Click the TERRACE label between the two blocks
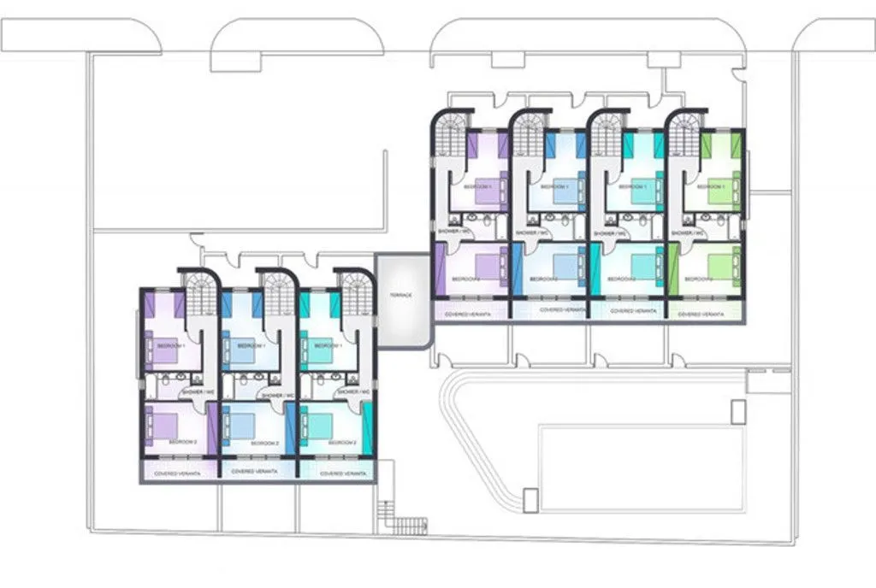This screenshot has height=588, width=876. click(x=401, y=295)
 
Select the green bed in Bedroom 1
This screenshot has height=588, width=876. click(x=722, y=190)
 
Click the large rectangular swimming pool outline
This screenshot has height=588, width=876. click(x=642, y=467)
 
